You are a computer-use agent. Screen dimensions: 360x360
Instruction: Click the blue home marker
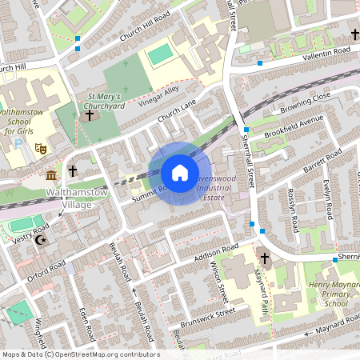click(x=180, y=173)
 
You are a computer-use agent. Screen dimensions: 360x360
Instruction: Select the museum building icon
click(x=51, y=175)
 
